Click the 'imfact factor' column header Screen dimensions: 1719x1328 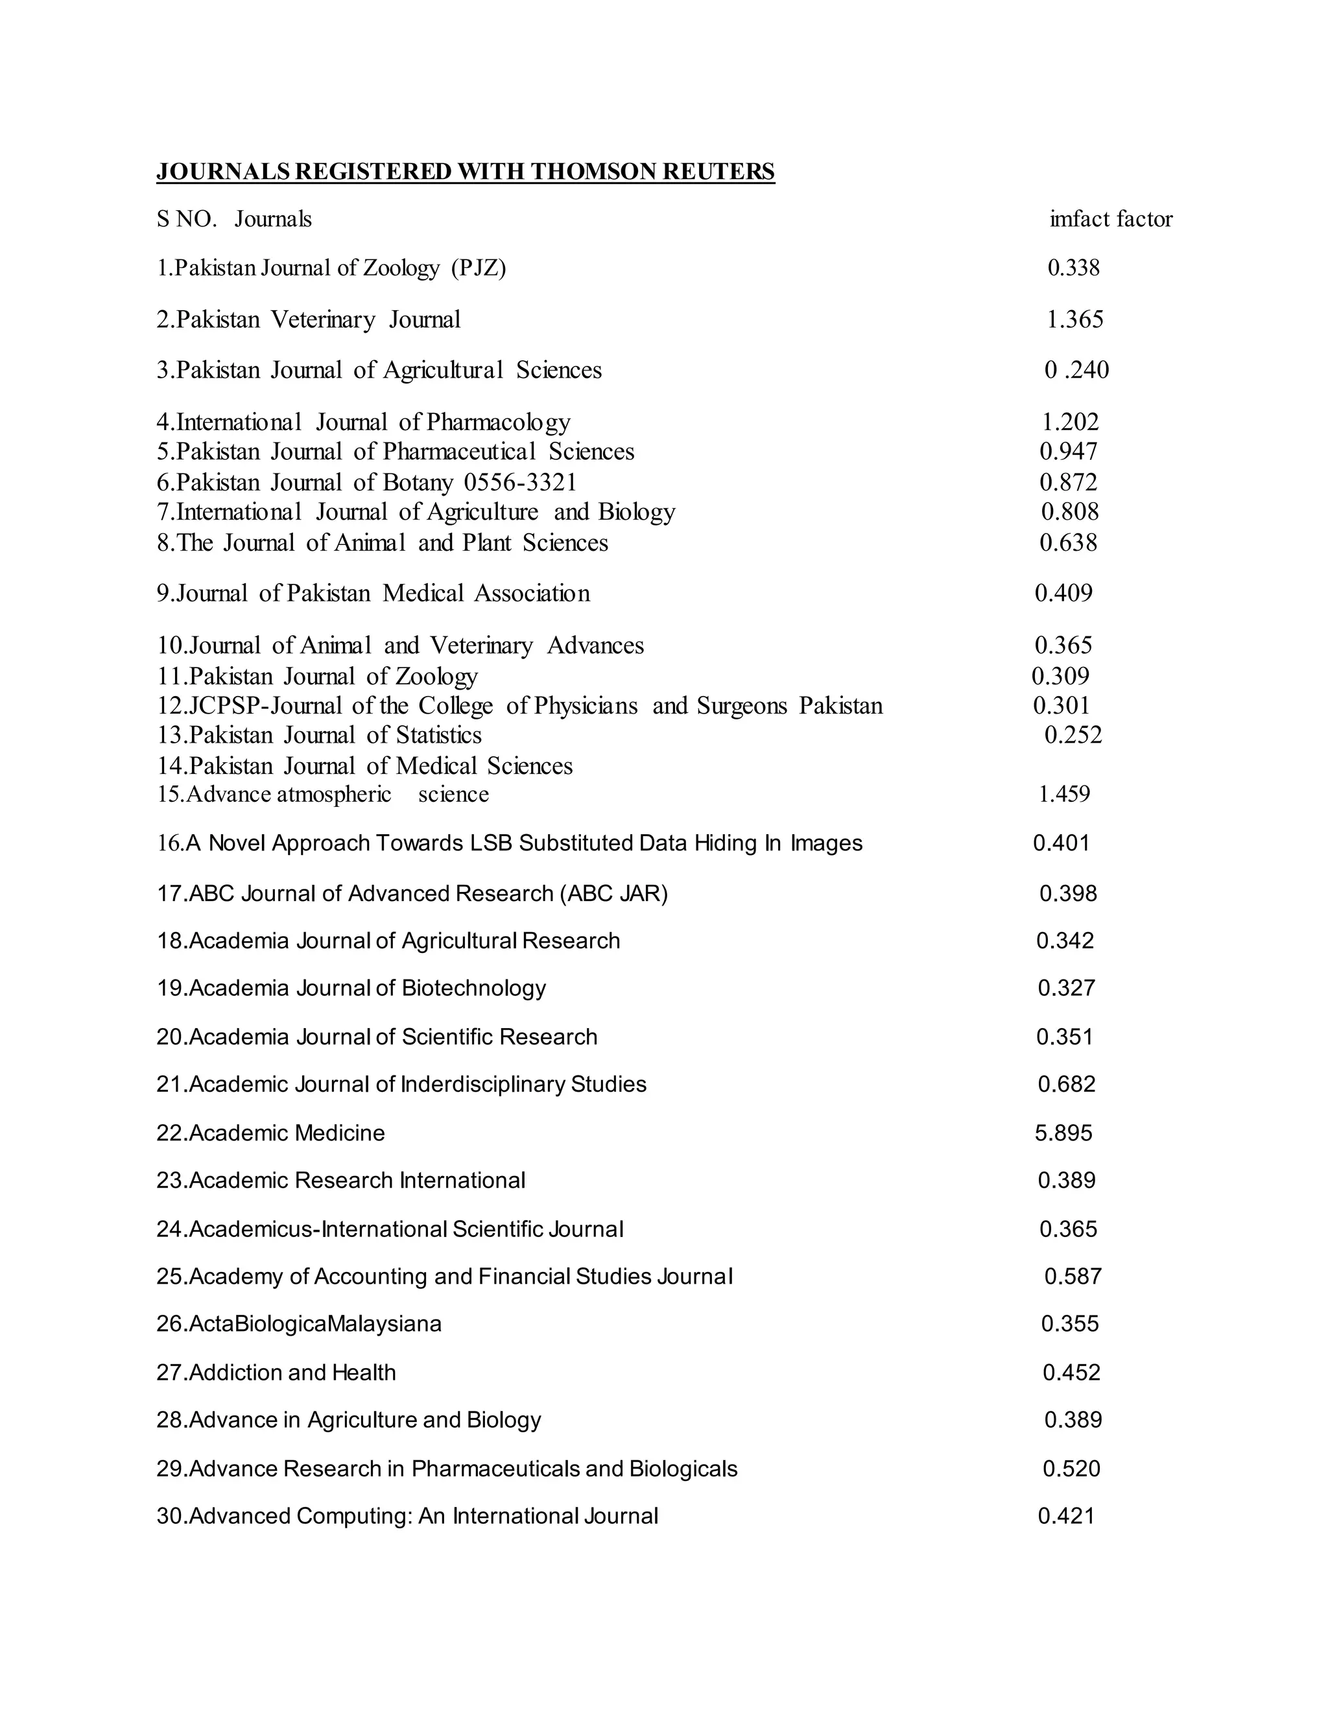click(1110, 219)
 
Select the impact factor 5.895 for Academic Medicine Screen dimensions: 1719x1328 click(1063, 1133)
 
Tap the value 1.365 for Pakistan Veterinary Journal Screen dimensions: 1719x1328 click(1074, 320)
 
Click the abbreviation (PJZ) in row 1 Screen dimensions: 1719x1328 click(479, 269)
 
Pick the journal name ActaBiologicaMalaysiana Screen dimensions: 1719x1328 click(314, 1324)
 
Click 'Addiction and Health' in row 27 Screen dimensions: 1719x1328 click(292, 1373)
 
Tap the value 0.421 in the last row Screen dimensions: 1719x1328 click(1066, 1516)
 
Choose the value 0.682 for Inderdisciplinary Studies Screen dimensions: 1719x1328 click(1066, 1085)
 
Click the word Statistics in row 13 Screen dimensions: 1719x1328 click(438, 735)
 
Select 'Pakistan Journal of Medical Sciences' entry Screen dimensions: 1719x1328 click(381, 766)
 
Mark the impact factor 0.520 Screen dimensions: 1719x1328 click(1071, 1469)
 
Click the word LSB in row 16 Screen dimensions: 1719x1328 click(491, 844)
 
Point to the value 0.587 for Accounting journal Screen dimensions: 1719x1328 click(1073, 1277)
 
